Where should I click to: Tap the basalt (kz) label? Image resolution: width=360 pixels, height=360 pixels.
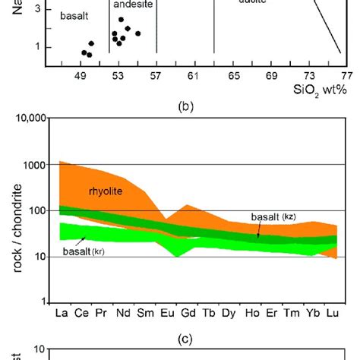273,217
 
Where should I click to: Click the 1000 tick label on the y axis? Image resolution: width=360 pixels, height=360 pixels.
36,165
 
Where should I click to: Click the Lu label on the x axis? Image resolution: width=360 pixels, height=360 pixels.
331,312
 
